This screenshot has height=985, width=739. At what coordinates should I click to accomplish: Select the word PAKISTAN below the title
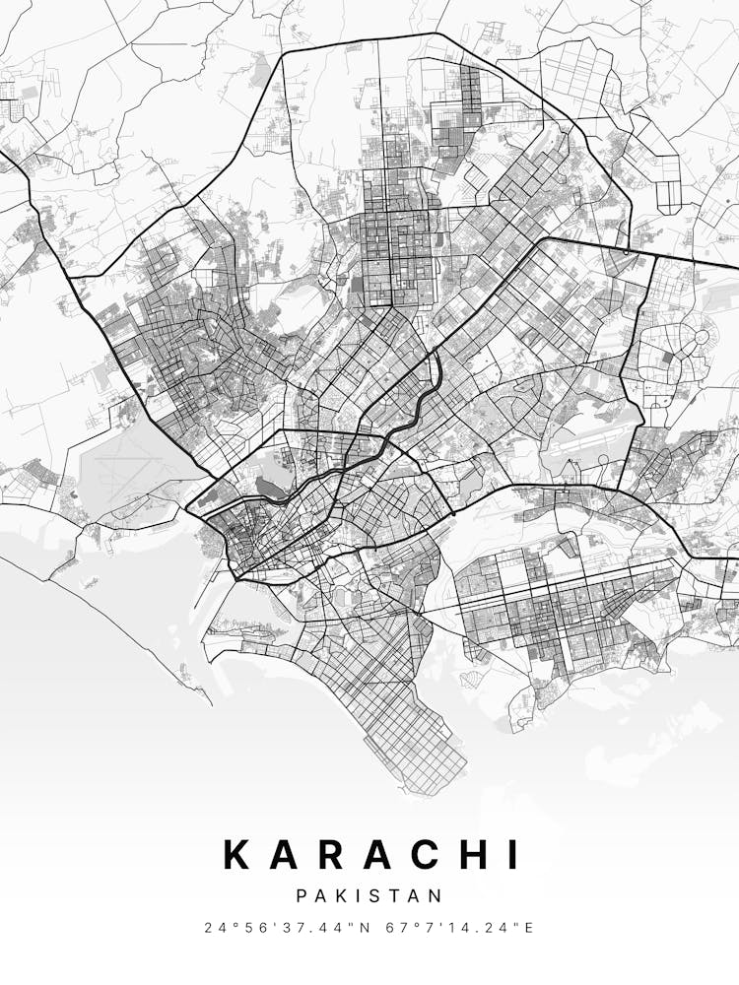coord(369,895)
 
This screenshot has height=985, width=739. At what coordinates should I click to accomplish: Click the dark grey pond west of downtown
coord(268,485)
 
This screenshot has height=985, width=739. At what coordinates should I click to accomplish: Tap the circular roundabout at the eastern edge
coord(702,337)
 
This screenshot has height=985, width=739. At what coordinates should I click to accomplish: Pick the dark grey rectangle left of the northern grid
coord(357,287)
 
